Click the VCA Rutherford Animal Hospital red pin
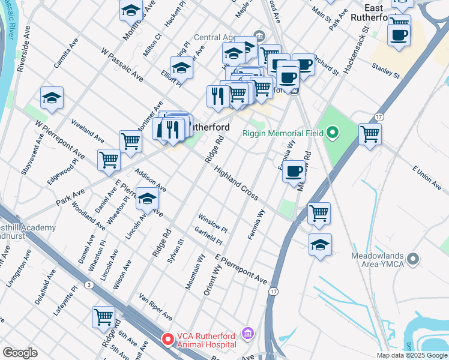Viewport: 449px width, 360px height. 168,339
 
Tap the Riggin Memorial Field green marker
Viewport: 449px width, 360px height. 333,133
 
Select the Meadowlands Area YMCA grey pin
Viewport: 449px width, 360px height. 412,259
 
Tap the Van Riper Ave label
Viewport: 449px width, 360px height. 155,307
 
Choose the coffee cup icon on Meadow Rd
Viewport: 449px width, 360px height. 294,172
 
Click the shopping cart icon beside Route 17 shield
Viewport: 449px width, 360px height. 370,133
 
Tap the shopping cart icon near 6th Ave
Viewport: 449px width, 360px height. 104,316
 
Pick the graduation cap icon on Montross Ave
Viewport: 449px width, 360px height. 131,11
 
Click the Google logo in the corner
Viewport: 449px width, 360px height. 20,353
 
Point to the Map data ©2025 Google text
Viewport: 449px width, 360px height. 412,355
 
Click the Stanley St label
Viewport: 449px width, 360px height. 385,70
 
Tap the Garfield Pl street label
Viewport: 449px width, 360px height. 208,236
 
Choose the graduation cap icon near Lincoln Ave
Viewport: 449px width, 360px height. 146,199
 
